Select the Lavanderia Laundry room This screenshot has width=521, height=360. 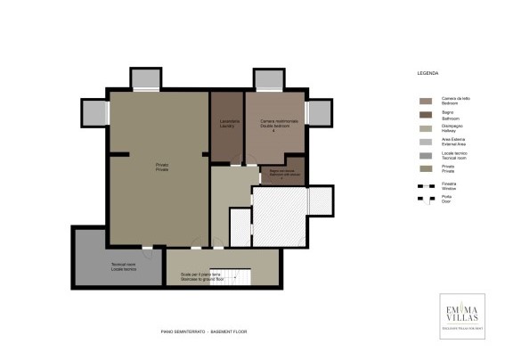pyautogui.click(x=227, y=125)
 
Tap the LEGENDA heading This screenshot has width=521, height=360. pyautogui.click(x=428, y=71)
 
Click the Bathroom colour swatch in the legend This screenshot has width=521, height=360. pyautogui.click(x=426, y=115)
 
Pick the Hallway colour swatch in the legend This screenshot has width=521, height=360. pyautogui.click(x=426, y=128)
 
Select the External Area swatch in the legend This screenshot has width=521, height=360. pyautogui.click(x=426, y=142)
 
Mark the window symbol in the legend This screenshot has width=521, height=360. pyautogui.click(x=426, y=184)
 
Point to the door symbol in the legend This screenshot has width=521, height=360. pyautogui.click(x=426, y=199)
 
